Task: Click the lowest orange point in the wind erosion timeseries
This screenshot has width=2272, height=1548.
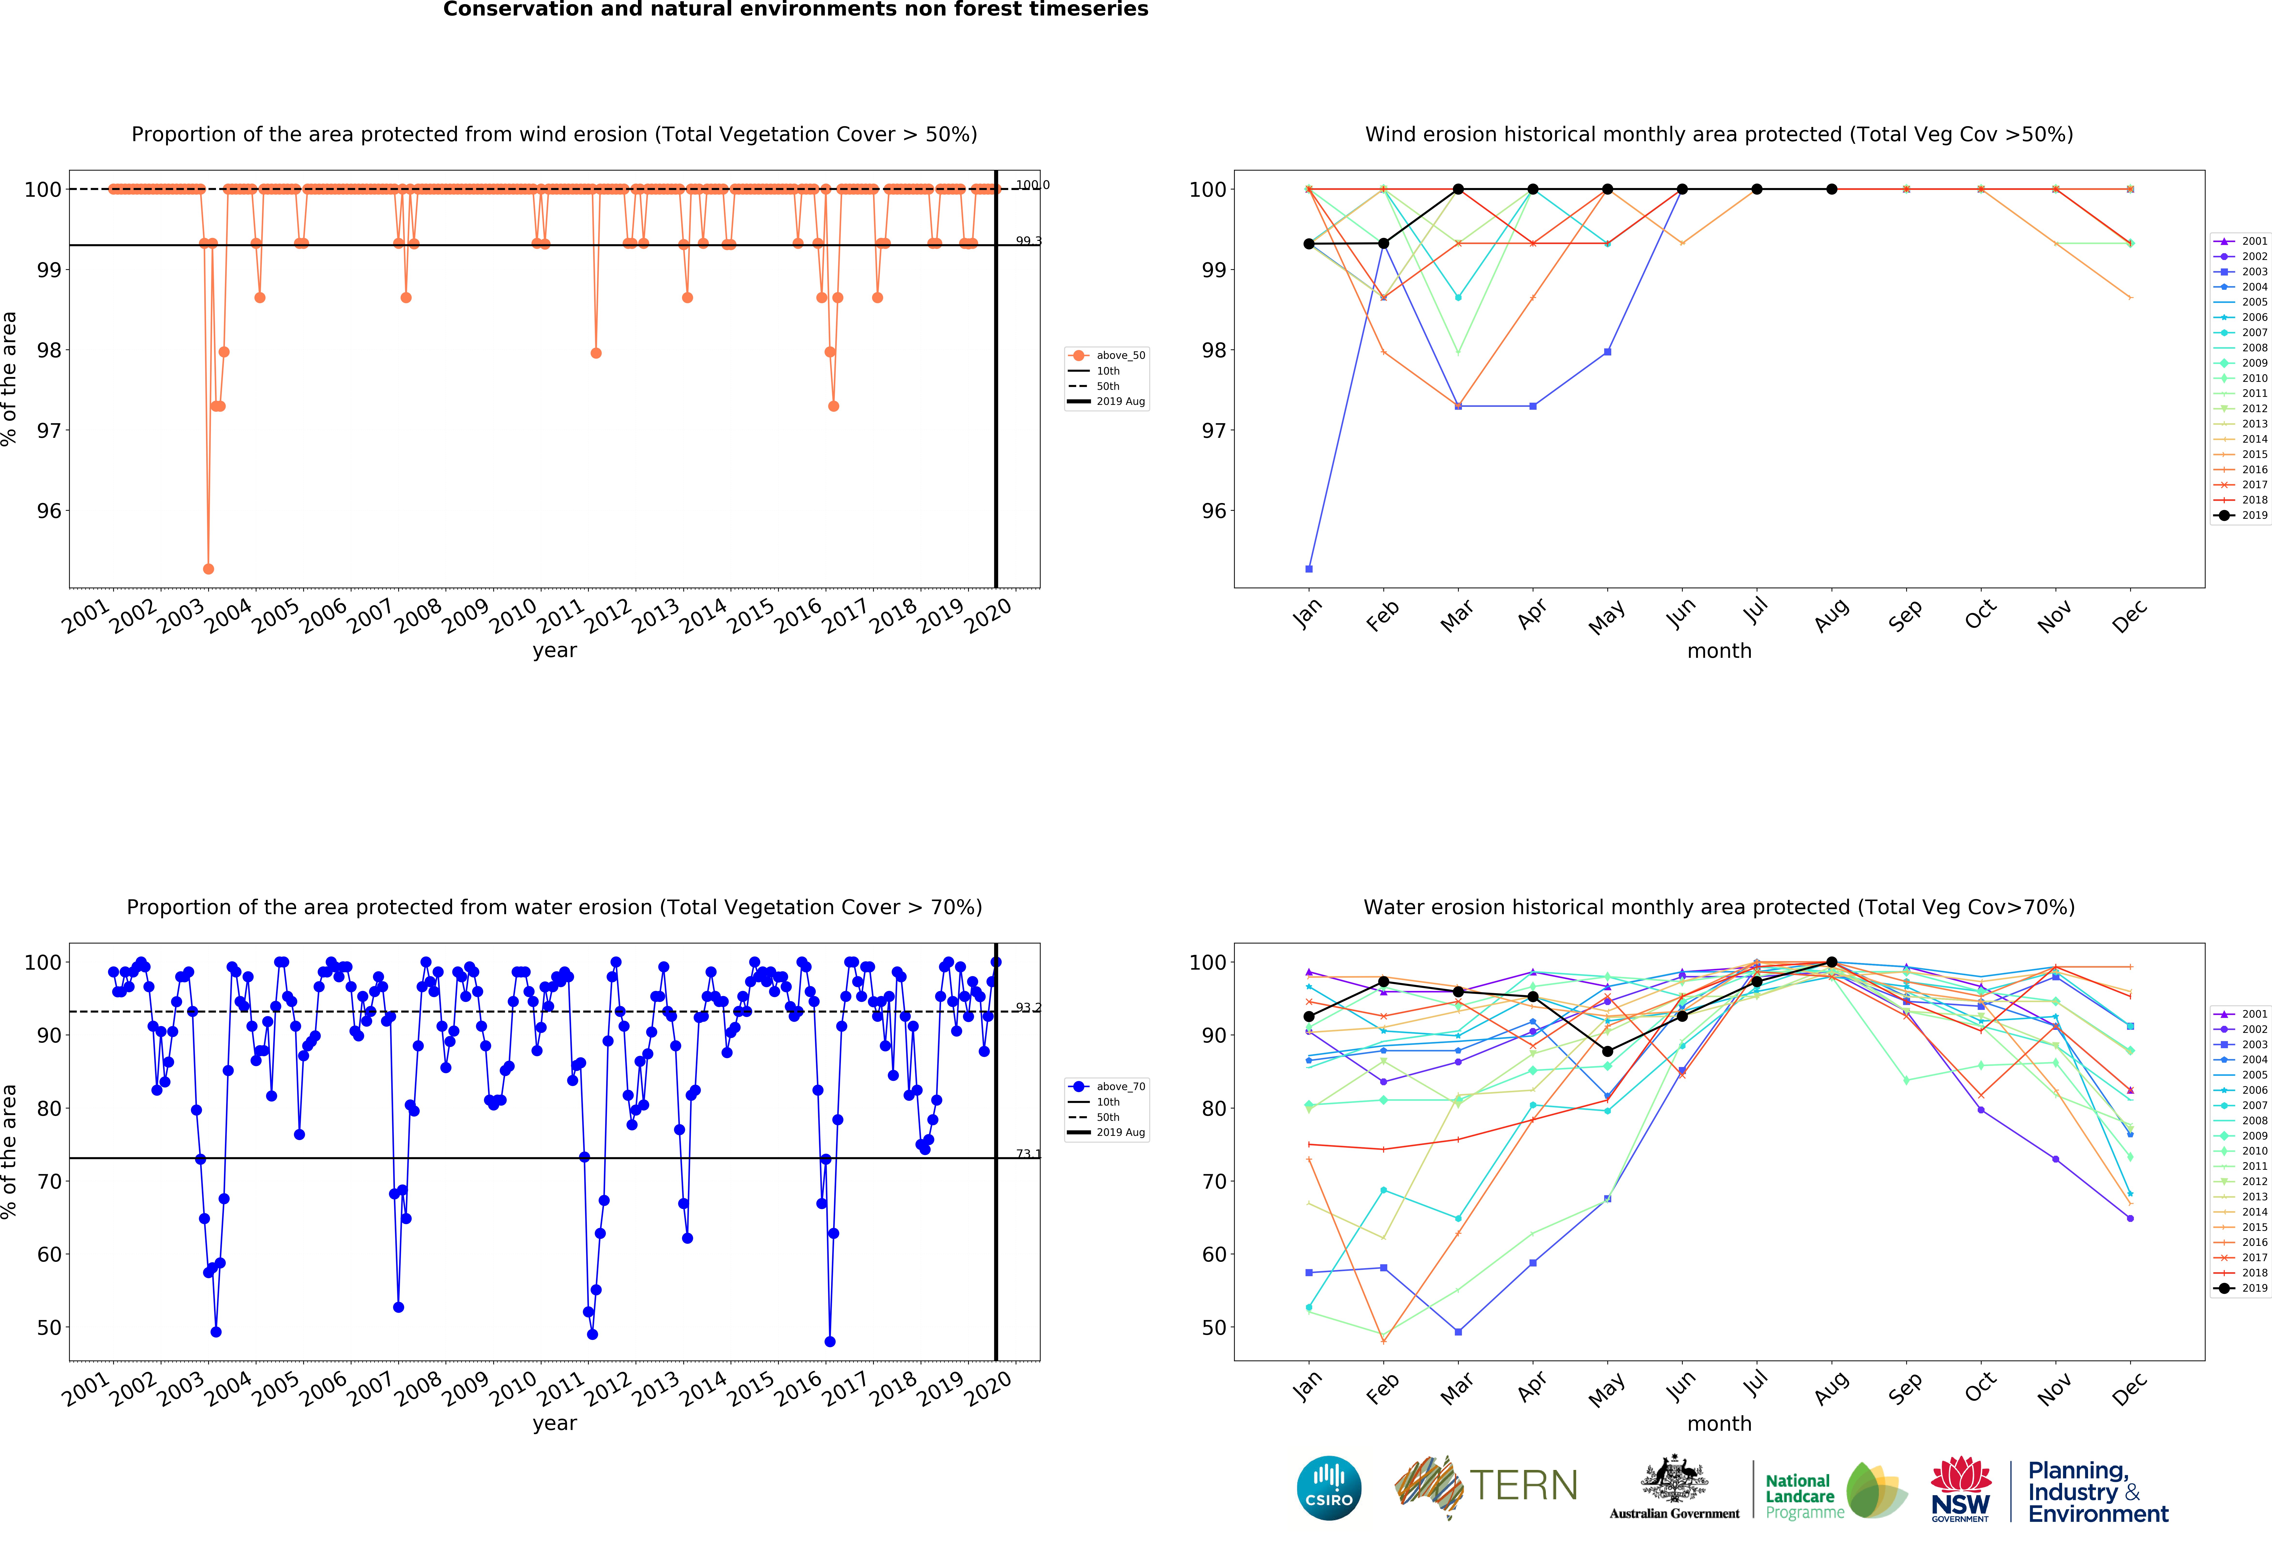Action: [208, 569]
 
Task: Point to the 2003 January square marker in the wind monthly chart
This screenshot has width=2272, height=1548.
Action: [1309, 569]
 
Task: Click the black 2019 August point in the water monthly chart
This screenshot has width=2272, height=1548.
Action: [1831, 963]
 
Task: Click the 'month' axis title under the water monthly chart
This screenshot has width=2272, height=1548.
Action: [1719, 1424]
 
